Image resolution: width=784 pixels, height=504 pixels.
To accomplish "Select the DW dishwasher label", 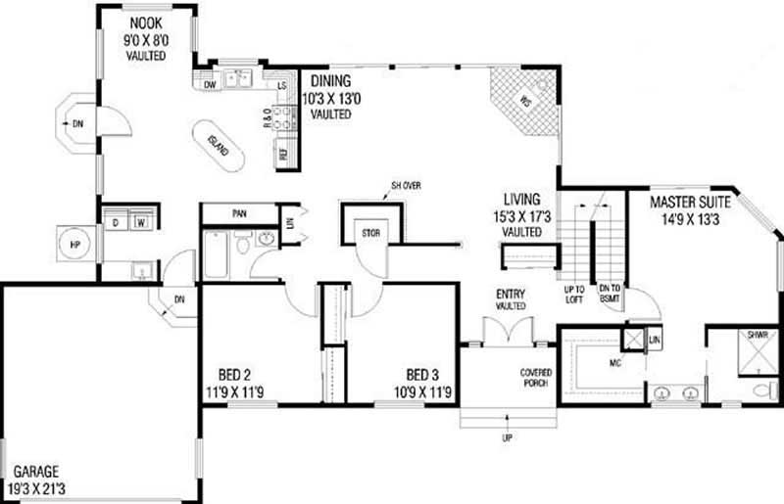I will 210,85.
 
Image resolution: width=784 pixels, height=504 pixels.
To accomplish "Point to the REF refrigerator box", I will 284,155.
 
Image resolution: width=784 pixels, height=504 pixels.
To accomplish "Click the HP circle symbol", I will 75,244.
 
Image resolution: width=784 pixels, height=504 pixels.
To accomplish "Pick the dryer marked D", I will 115,222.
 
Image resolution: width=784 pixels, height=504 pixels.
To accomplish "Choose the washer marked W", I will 141,222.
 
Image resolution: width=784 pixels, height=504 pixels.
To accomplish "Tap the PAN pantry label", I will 238,212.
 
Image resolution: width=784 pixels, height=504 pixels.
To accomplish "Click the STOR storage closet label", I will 369,233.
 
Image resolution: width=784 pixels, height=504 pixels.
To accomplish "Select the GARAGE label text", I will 34,471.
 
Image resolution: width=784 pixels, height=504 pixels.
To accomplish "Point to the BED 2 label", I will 234,374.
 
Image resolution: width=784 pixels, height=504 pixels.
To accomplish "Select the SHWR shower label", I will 758,335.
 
